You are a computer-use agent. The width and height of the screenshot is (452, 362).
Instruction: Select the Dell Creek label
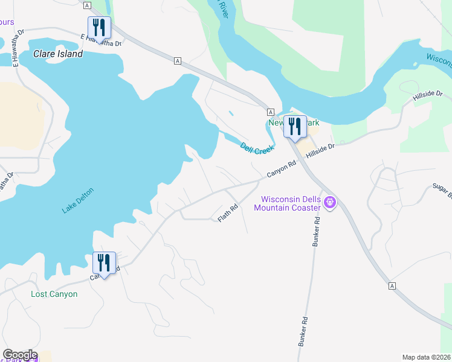(257, 148)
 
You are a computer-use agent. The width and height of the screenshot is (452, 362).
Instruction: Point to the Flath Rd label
(228, 213)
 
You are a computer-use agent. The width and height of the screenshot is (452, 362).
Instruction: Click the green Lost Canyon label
(54, 294)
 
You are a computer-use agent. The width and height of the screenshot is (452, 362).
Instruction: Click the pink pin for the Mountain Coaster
(329, 203)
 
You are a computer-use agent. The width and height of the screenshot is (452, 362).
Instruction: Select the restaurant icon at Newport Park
(295, 126)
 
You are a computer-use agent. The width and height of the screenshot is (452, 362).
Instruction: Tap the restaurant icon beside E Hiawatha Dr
(98, 27)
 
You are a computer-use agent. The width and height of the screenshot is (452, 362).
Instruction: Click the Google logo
(19, 355)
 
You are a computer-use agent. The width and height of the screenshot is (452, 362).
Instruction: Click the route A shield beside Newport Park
(271, 112)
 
